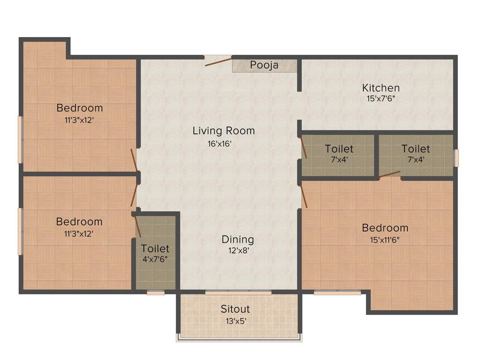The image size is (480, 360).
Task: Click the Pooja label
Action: [x=264, y=65]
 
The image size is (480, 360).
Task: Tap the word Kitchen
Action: [x=381, y=88]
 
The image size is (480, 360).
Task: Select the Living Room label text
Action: [x=224, y=131]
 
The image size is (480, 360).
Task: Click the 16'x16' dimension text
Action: [x=220, y=144]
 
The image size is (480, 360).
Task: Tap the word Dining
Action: [x=238, y=240]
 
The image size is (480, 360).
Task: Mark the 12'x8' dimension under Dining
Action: [x=235, y=251]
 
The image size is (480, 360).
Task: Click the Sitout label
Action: [x=235, y=309]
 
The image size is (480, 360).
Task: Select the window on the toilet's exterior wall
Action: [x=456, y=157]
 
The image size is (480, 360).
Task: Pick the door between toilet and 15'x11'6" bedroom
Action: [x=390, y=175]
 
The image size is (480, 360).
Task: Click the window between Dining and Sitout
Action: [x=238, y=292]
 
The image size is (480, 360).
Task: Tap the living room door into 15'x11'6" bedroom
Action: [x=304, y=196]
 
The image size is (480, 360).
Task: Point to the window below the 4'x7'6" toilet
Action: [x=155, y=293]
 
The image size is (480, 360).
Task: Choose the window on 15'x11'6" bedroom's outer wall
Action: [x=337, y=293]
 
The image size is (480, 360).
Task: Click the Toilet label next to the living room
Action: [x=339, y=149]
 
